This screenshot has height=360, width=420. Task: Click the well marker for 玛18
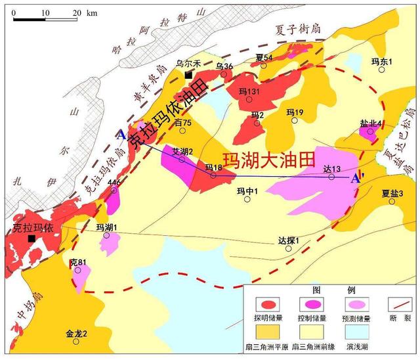tap(213, 175)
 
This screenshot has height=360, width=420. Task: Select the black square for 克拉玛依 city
tap(31, 238)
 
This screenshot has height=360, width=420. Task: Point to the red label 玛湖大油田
tap(268, 160)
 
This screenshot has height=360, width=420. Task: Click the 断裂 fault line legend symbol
tap(397, 304)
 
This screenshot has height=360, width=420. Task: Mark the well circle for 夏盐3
tap(392, 201)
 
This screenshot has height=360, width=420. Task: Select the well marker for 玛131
tap(249, 99)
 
